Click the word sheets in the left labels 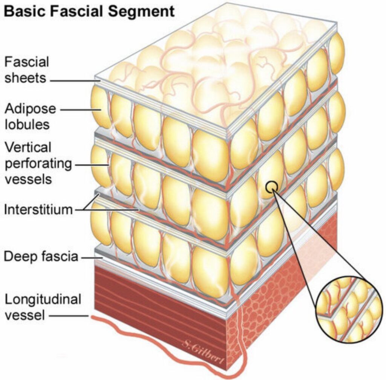pos(25,78)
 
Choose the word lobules pos(27,124)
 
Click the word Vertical pos(28,147)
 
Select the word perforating pos(38,164)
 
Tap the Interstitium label pos(38,210)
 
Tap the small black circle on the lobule pos(272,187)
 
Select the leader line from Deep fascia pos(92,258)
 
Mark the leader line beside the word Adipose pos(81,110)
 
